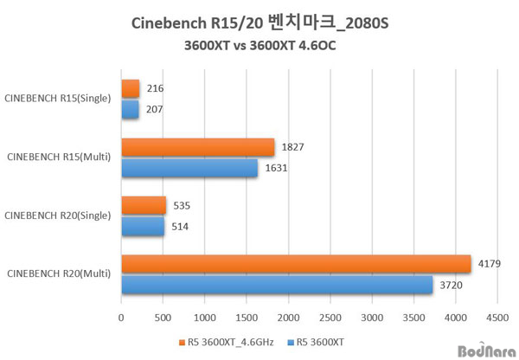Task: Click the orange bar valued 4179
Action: coord(296,264)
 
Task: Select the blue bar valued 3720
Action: coord(277,284)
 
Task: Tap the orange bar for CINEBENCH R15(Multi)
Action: coord(198,147)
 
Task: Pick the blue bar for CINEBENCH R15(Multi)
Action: coord(189,167)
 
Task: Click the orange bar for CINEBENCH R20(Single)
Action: coord(144,205)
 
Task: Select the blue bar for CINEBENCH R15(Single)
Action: coord(131,109)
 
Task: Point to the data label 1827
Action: coord(294,147)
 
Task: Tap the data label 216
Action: coord(156,88)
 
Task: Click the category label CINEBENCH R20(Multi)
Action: coord(59,274)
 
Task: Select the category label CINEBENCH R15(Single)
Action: coord(57,99)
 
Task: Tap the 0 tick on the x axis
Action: coord(122,318)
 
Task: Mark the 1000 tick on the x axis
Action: coord(205,318)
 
